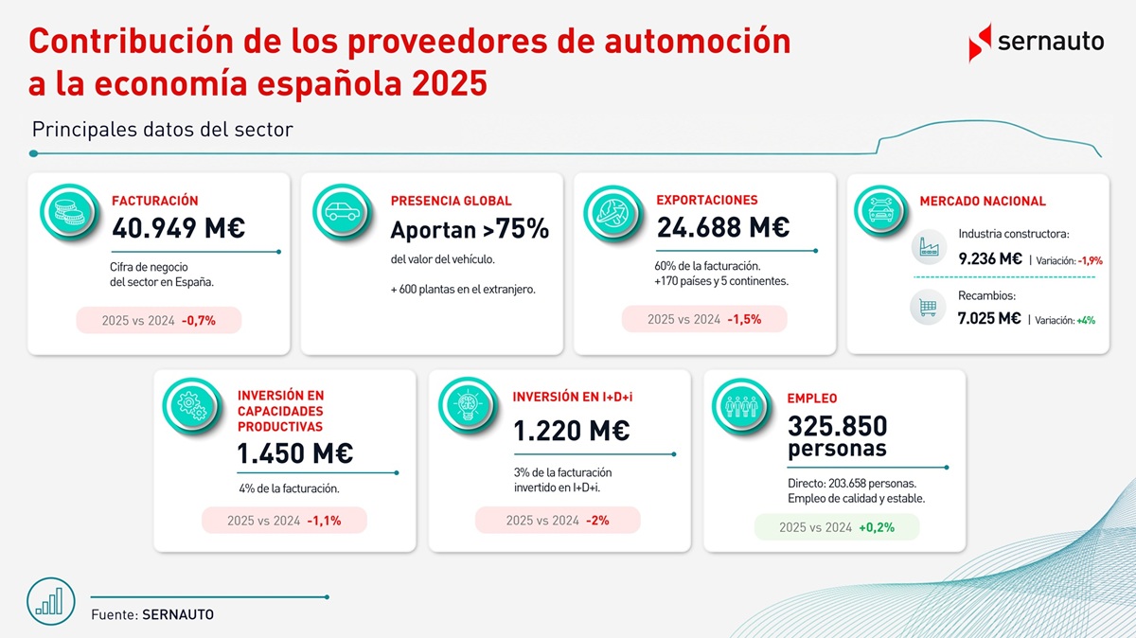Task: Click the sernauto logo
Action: [1036, 43]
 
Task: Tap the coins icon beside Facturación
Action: [69, 212]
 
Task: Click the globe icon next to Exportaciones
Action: [613, 213]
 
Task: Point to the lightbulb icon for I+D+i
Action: [468, 406]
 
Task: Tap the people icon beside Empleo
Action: [741, 407]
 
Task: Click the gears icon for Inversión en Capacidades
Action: [191, 406]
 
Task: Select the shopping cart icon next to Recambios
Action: [928, 307]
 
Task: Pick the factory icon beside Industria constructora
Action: [929, 247]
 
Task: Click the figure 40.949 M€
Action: [179, 228]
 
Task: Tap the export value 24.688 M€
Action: [723, 227]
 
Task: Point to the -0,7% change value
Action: [198, 321]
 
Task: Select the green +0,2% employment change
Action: [877, 527]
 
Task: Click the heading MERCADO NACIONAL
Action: [983, 201]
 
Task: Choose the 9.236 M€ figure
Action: [990, 259]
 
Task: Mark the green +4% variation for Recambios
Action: [1086, 321]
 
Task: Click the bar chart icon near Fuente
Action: [51, 601]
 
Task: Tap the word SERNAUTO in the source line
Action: [178, 614]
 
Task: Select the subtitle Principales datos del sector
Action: [162, 130]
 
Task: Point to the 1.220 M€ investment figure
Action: [572, 431]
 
